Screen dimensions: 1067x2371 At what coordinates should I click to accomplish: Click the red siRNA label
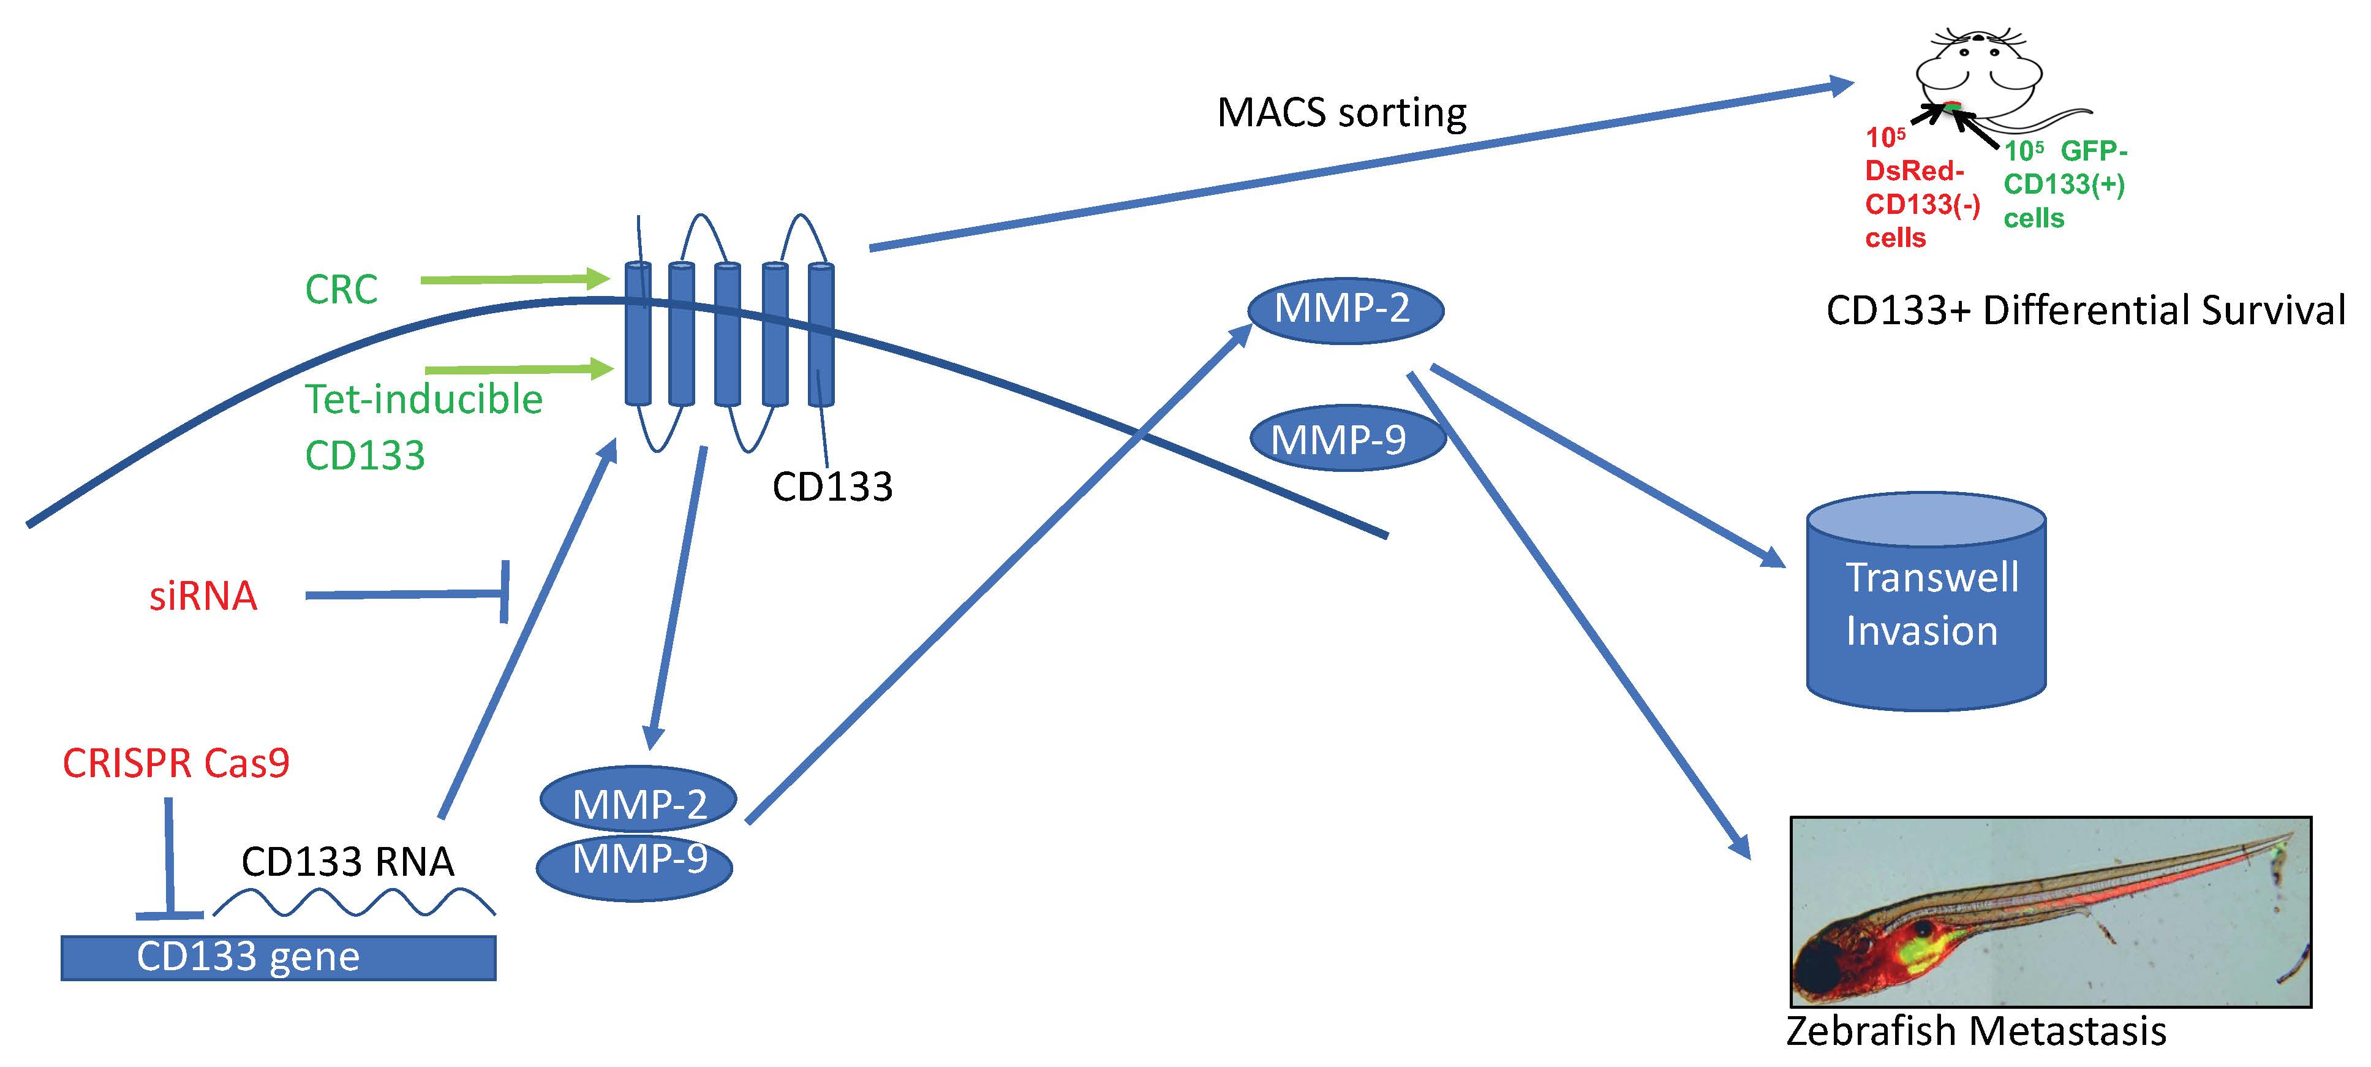(x=203, y=596)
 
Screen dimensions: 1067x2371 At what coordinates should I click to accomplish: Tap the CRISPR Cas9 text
(x=176, y=763)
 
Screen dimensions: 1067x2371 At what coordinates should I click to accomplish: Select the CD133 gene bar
(x=278, y=957)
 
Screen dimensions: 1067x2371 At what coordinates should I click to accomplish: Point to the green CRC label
(x=341, y=290)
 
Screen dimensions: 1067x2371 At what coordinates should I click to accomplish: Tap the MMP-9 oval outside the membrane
(x=1346, y=440)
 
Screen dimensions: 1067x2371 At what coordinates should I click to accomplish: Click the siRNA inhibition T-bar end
(x=503, y=591)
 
